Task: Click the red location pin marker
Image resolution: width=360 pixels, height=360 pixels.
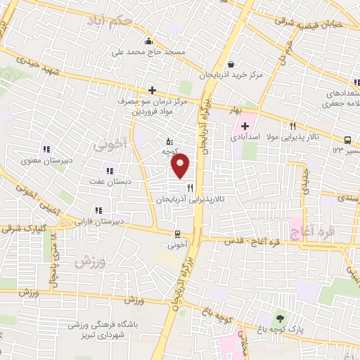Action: tap(181, 166)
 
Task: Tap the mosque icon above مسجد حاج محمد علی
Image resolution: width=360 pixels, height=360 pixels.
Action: tap(148, 39)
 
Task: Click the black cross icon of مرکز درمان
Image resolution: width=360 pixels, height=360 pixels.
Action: tap(152, 90)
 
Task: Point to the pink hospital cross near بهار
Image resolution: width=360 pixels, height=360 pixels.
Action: tap(245, 127)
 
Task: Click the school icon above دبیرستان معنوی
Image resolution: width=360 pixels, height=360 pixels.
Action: tap(46, 149)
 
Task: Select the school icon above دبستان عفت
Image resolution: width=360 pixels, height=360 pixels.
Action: tap(109, 171)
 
